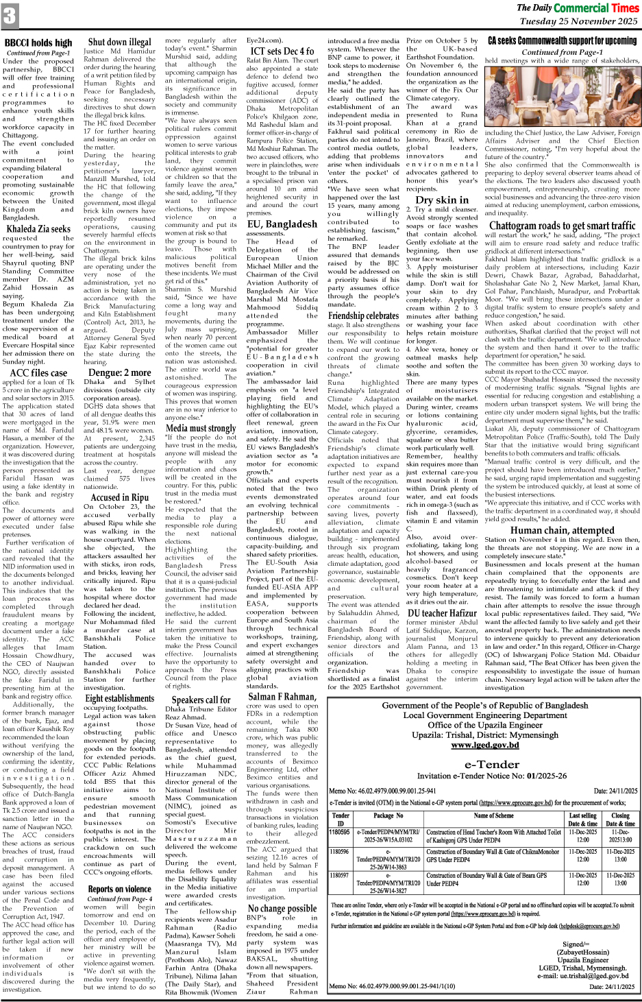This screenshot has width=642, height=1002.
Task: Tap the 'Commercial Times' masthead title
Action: pyautogui.click(x=595, y=8)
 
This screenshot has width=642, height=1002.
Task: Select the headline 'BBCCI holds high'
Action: pyautogui.click(x=38, y=43)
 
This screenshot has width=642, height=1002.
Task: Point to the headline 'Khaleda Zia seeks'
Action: pyautogui.click(x=38, y=229)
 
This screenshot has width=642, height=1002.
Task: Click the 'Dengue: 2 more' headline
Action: pyautogui.click(x=119, y=373)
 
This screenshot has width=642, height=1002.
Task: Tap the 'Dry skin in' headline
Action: pyautogui.click(x=442, y=200)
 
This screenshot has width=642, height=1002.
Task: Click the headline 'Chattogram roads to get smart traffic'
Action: pyautogui.click(x=562, y=226)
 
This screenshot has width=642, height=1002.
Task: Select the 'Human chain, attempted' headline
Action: pyautogui.click(x=562, y=530)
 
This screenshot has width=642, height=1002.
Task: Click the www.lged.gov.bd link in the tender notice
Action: pyautogui.click(x=484, y=745)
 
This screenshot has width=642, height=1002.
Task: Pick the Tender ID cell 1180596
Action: pyautogui.click(x=339, y=852)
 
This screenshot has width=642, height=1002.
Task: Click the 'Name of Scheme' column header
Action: pyautogui.click(x=493, y=815)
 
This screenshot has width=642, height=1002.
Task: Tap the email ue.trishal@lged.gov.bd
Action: pyautogui.click(x=582, y=976)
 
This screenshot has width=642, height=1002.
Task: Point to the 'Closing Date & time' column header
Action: pyautogui.click(x=620, y=820)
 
